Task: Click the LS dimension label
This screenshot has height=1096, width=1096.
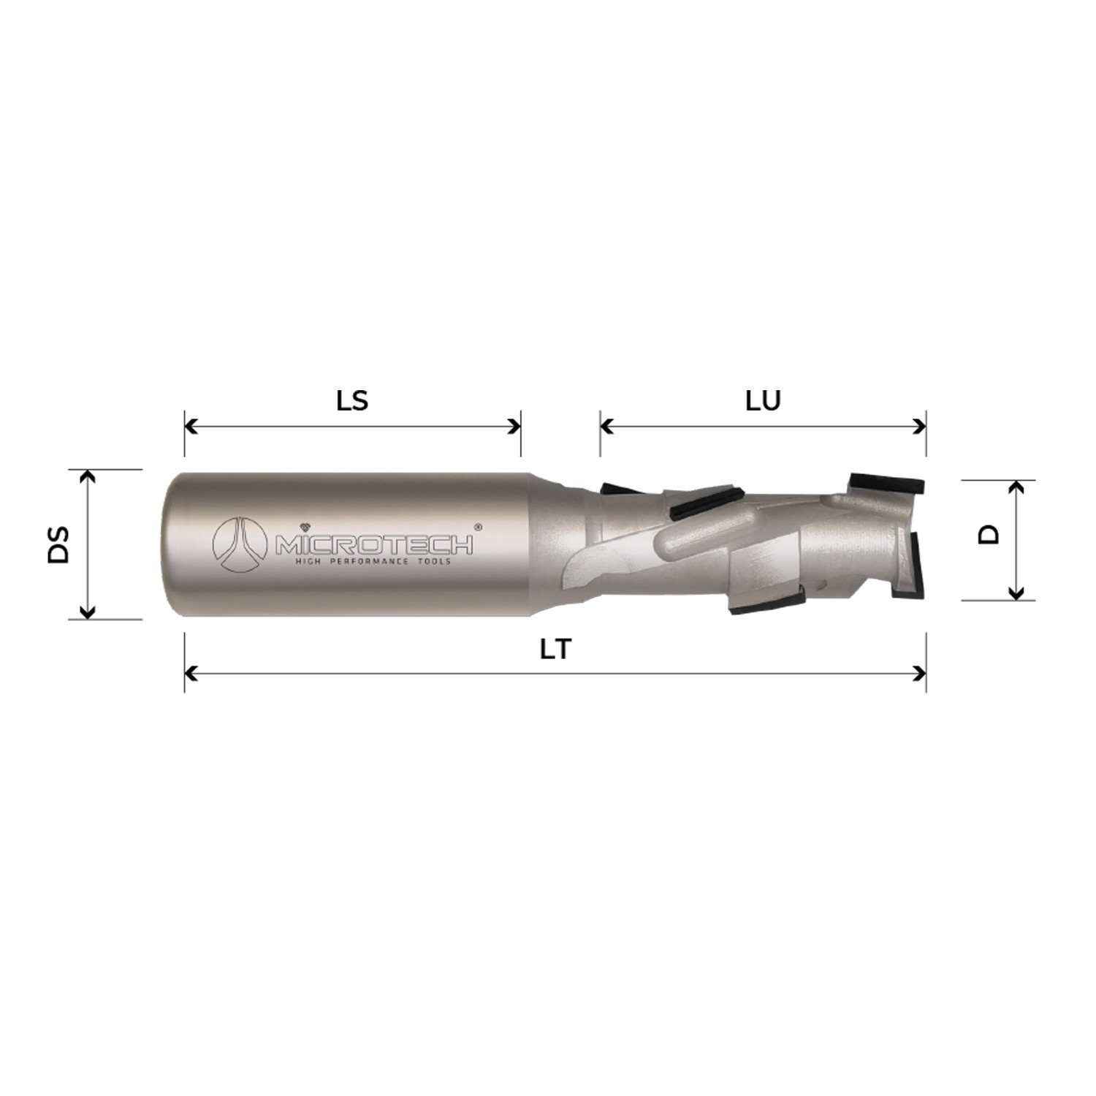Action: [x=352, y=400]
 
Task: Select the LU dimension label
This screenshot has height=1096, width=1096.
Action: [x=763, y=400]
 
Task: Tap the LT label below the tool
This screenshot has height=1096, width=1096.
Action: [x=555, y=649]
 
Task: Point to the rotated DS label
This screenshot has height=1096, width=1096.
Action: [x=58, y=544]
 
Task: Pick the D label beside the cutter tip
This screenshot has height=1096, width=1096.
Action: [x=989, y=535]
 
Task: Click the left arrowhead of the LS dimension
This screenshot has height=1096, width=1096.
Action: [x=190, y=425]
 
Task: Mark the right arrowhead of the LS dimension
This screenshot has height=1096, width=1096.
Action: [x=515, y=425]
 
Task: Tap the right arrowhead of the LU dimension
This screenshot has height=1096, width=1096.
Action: [x=921, y=425]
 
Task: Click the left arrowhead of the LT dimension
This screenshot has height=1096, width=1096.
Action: [x=190, y=673]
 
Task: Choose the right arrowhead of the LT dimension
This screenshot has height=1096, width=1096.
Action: [x=921, y=673]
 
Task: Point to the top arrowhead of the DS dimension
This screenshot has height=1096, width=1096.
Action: [x=87, y=476]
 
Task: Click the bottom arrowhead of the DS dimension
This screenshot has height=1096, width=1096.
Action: [x=87, y=613]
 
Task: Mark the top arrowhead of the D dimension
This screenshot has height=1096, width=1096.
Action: [x=1016, y=486]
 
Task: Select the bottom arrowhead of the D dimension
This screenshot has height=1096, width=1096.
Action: [x=1016, y=595]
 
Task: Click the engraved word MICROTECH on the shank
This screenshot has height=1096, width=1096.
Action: [x=373, y=544]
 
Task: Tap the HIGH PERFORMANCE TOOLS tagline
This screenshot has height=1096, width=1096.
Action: [x=372, y=561]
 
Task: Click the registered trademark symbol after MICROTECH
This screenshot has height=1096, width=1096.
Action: [x=477, y=525]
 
